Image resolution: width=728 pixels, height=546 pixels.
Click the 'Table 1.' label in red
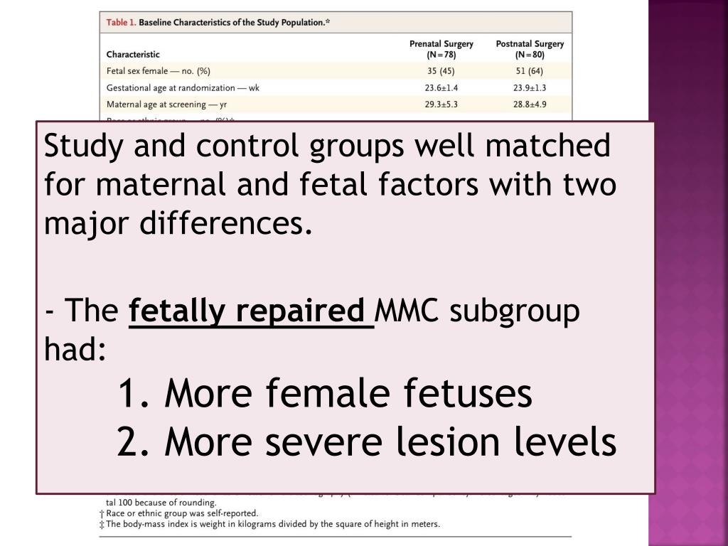121,22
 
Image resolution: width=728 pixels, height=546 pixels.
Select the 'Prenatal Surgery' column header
441,48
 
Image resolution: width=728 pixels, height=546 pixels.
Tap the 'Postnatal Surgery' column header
530,48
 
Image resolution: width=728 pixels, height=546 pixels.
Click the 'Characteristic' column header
133,54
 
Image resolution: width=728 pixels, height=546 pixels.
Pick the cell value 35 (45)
441,70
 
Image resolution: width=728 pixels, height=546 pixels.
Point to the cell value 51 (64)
530,70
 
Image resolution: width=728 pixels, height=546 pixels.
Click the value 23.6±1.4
441,87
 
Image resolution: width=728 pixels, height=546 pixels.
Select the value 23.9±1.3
530,87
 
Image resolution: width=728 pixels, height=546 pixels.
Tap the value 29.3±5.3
441,104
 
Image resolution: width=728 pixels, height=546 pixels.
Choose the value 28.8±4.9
530,104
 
